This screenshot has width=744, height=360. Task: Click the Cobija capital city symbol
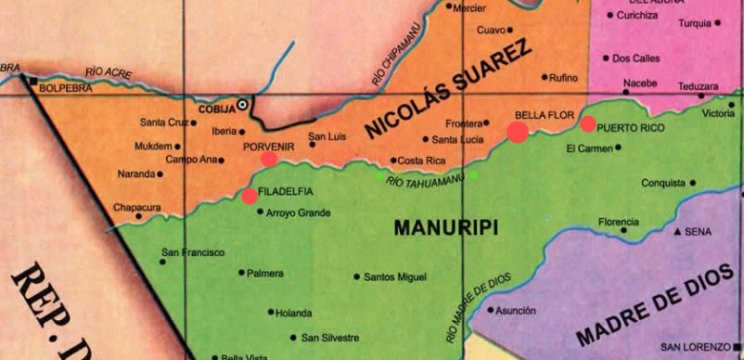tap(243, 105)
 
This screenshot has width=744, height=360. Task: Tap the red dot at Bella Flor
tap(518, 132)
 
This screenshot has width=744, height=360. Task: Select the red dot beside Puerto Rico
tap(588, 124)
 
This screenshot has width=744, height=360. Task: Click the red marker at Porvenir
tap(269, 159)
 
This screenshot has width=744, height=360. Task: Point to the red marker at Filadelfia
tap(250, 196)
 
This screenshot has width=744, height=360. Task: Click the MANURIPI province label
tap(445, 227)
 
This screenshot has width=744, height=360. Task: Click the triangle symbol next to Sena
tap(677, 231)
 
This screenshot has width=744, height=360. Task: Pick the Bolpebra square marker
tap(34, 83)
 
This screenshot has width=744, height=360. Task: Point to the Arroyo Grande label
tap(298, 212)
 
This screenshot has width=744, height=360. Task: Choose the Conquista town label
tap(662, 183)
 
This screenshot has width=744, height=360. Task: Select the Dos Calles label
tap(636, 58)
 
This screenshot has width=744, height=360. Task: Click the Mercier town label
tap(470, 7)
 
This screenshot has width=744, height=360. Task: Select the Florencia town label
tap(618, 222)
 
